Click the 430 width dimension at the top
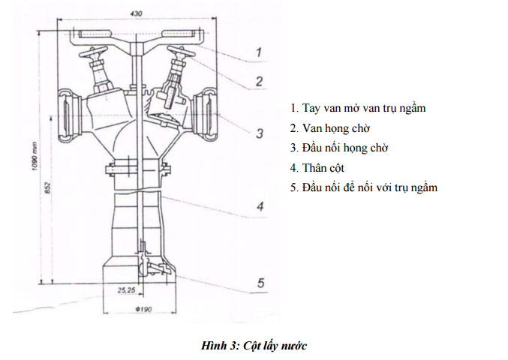click(x=136, y=13)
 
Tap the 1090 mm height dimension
click(x=35, y=157)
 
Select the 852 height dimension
click(x=47, y=188)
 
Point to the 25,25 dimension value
click(x=126, y=290)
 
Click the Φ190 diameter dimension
click(x=143, y=309)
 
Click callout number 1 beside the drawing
click(x=259, y=52)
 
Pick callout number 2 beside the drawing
click(x=259, y=81)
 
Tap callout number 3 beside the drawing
click(x=260, y=133)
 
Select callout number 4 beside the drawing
click(x=260, y=206)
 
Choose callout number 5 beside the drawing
click(x=261, y=283)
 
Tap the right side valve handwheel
click(x=181, y=52)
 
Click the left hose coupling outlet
click(x=69, y=115)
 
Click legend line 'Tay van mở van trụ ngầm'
click(x=358, y=108)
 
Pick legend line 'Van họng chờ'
click(x=330, y=128)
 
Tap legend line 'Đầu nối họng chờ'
click(x=339, y=148)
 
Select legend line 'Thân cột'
click(x=317, y=168)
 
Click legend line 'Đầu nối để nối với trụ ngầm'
click(x=364, y=187)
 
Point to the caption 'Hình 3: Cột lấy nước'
click(x=254, y=346)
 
